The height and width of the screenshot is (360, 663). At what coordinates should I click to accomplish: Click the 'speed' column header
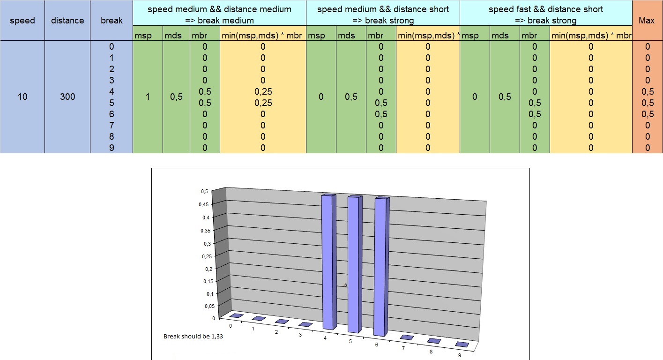coord(22,21)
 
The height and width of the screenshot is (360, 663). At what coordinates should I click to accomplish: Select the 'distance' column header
coord(67,21)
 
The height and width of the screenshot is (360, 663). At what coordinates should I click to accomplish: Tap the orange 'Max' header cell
coord(647,21)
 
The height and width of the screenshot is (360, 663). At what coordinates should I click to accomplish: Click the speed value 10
coord(22,97)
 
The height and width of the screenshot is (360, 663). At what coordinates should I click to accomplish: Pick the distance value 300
coord(67,97)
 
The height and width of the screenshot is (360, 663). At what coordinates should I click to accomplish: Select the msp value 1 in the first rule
coord(148,97)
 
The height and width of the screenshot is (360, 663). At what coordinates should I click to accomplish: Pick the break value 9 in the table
coord(111,148)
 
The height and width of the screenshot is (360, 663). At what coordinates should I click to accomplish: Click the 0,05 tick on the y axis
coord(202,306)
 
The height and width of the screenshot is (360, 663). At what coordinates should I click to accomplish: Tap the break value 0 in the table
coord(111,46)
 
